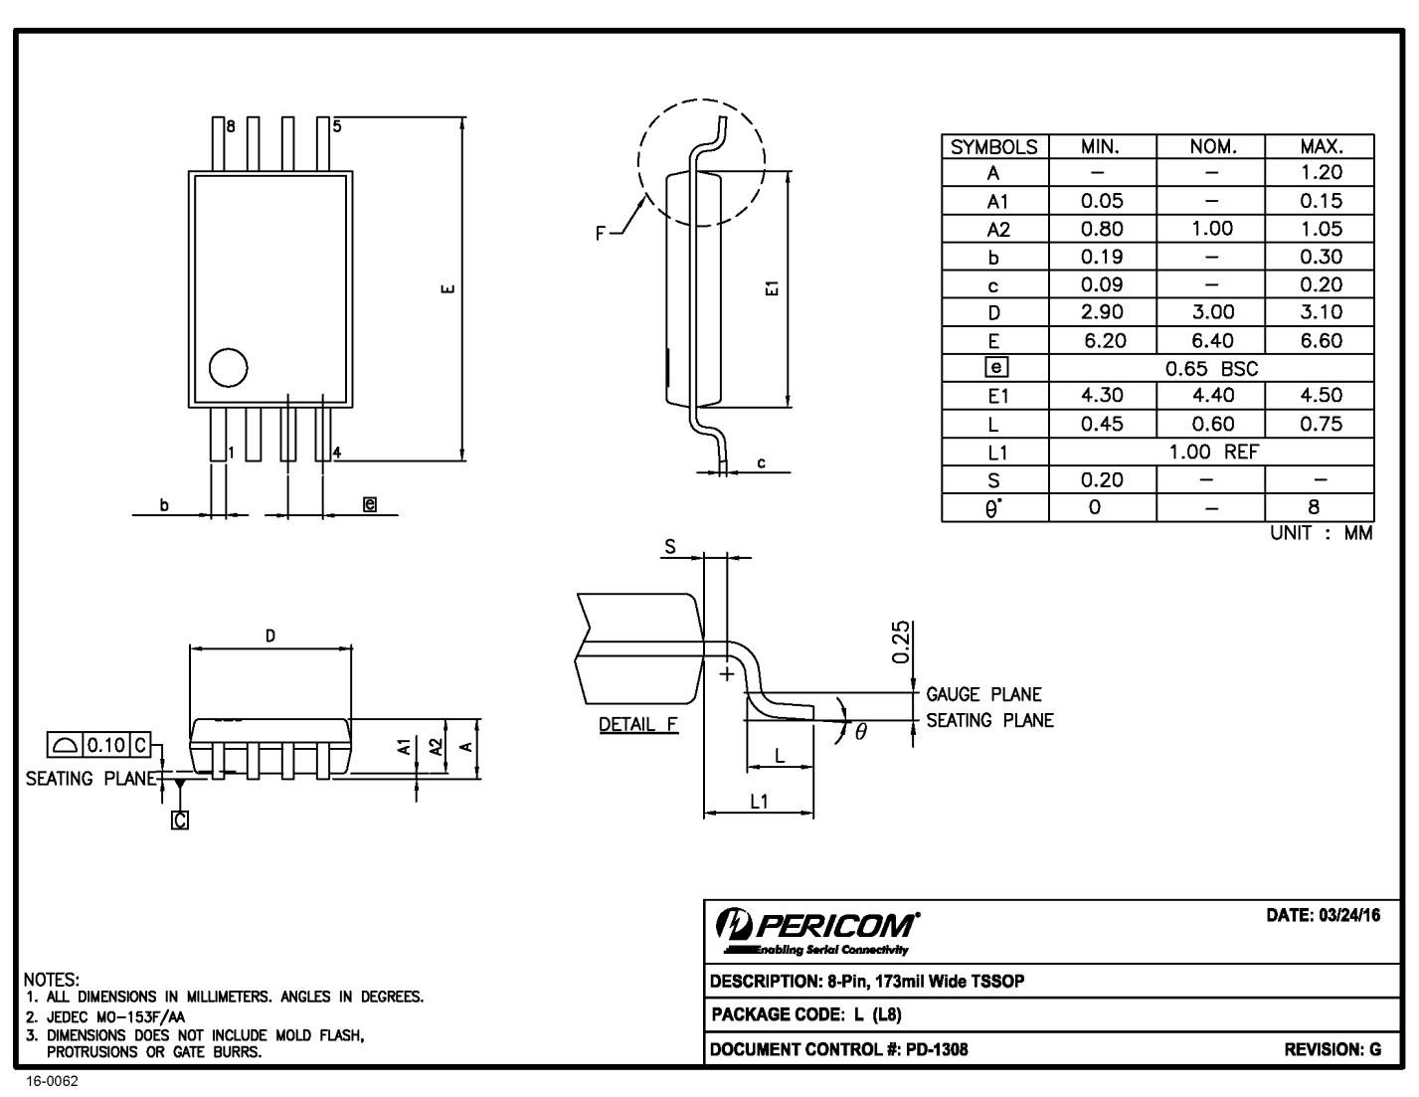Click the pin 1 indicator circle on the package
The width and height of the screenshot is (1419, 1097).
[228, 368]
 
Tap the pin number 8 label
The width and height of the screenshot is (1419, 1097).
[231, 126]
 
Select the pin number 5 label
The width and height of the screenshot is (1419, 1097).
[337, 126]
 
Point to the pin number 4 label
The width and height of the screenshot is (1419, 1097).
[337, 453]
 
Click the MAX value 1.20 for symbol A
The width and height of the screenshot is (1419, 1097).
[1320, 173]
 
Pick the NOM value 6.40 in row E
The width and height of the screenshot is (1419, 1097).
[1211, 340]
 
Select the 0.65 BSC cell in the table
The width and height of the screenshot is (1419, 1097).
[1211, 368]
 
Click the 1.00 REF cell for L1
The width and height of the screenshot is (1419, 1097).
[1211, 452]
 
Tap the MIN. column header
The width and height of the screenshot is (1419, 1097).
[1101, 146]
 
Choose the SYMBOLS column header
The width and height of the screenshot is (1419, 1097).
[994, 147]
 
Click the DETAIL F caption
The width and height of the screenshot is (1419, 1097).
[638, 724]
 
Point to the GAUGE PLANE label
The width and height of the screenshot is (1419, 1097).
[983, 694]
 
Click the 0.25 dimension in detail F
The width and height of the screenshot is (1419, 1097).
[901, 642]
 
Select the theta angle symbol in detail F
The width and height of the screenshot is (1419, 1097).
[860, 732]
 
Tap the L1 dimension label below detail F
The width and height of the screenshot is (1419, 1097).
[759, 801]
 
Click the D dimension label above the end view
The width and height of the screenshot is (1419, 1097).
[269, 636]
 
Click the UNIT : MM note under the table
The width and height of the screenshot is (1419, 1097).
[1321, 533]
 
